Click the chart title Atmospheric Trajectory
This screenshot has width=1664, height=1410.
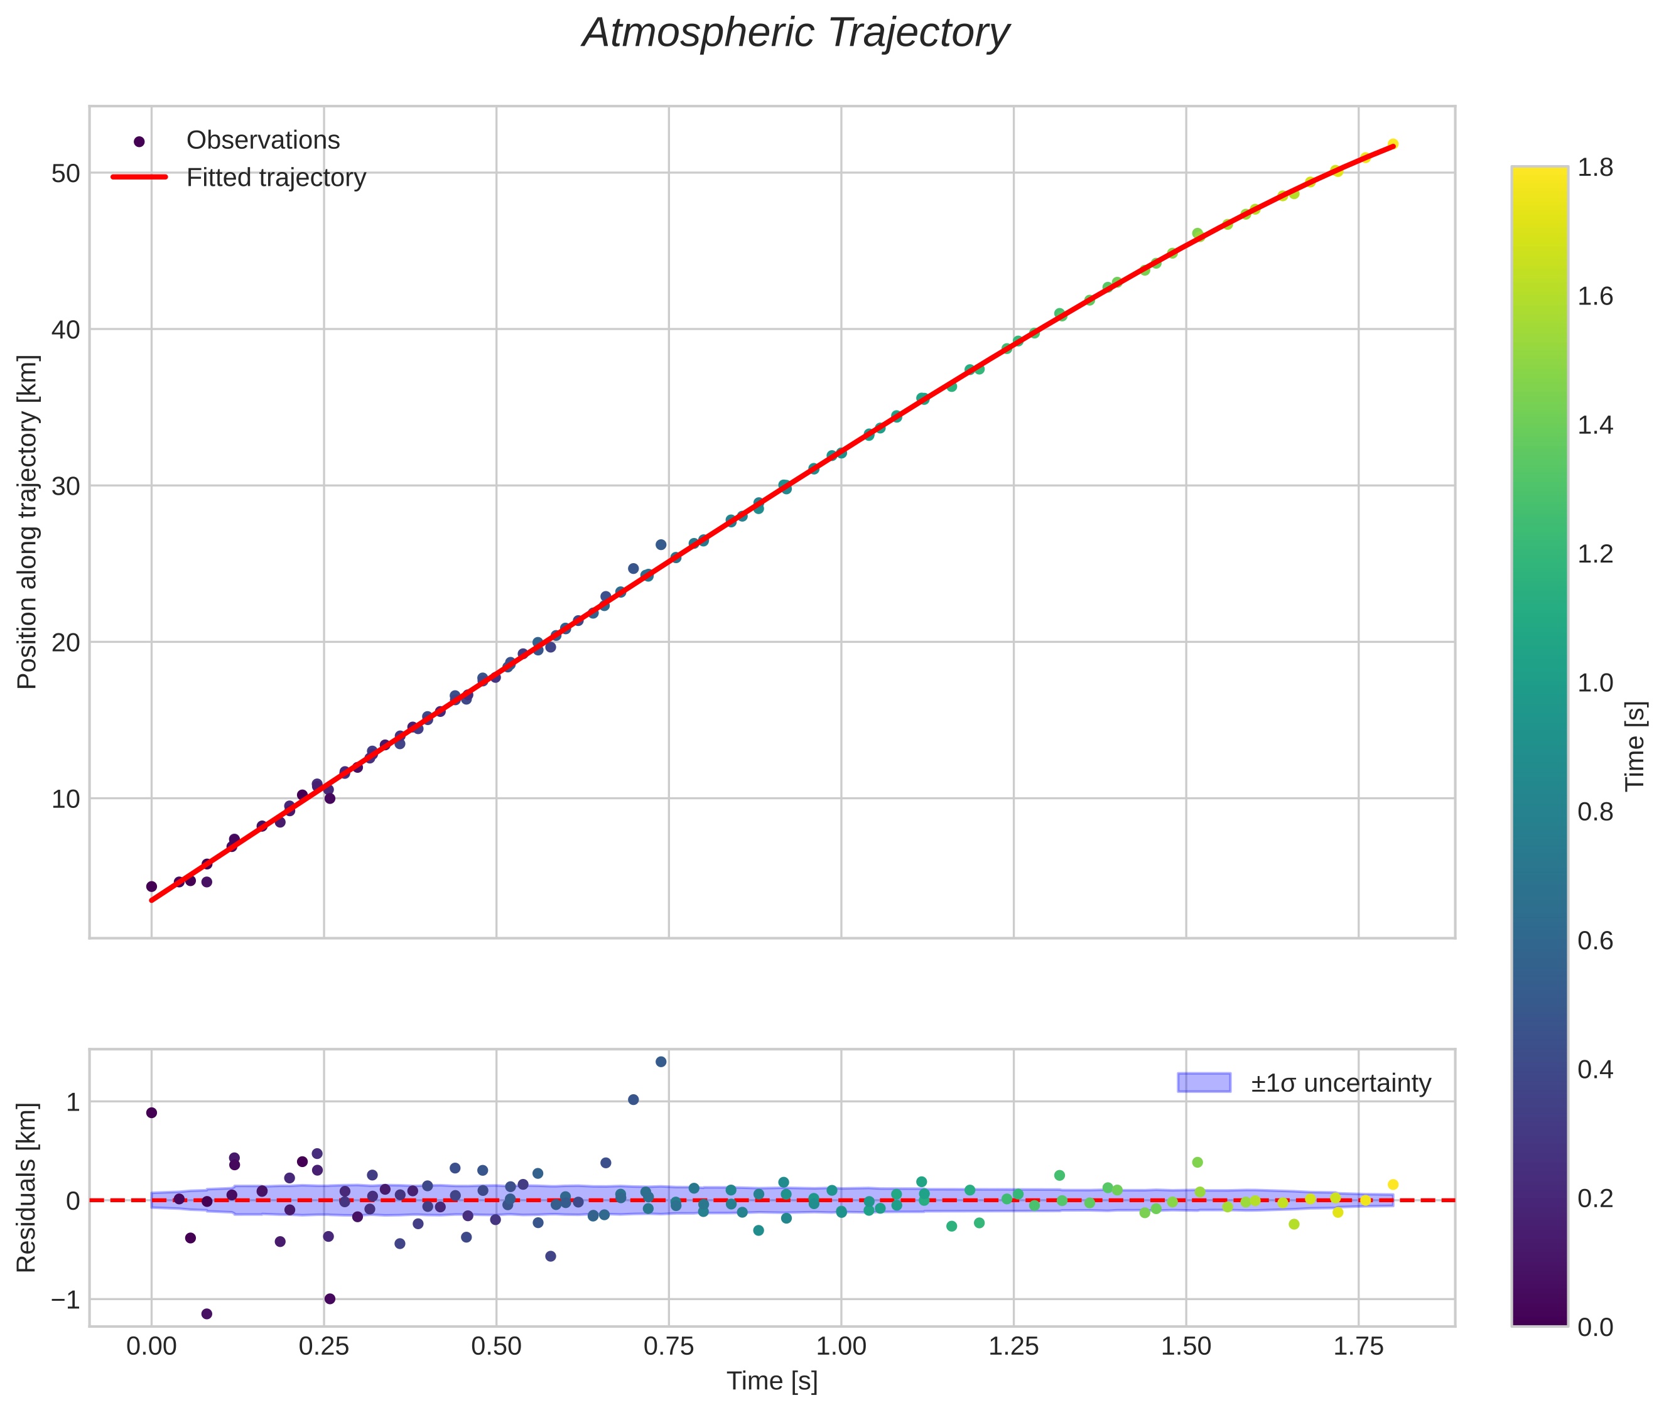796,33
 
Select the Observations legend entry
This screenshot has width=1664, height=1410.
262,141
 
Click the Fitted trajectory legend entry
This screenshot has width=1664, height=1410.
276,178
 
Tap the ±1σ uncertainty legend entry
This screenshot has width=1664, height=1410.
1340,1083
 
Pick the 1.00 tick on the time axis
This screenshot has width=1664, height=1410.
841,1346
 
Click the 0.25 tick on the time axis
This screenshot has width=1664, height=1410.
324,1346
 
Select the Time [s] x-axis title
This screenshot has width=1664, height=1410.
772,1381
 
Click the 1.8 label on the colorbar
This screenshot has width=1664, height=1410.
1595,167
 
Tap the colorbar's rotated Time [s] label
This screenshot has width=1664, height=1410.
1636,746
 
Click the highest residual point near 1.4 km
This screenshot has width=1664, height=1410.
661,1062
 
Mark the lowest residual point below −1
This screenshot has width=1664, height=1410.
207,1314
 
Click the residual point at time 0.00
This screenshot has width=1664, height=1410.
151,1112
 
